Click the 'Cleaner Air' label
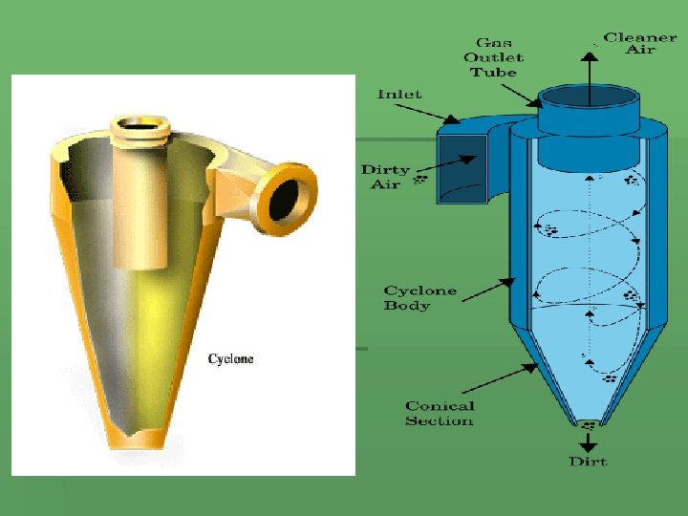640,43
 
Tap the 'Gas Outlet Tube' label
493,57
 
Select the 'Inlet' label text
399,95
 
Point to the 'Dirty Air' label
385,177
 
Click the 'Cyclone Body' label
420,297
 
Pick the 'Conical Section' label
439,413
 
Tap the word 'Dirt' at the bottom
588,462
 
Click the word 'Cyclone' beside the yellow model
231,359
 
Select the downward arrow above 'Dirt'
588,441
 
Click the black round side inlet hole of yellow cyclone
284,202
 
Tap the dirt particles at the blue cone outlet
589,425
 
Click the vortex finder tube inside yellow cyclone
140,210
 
